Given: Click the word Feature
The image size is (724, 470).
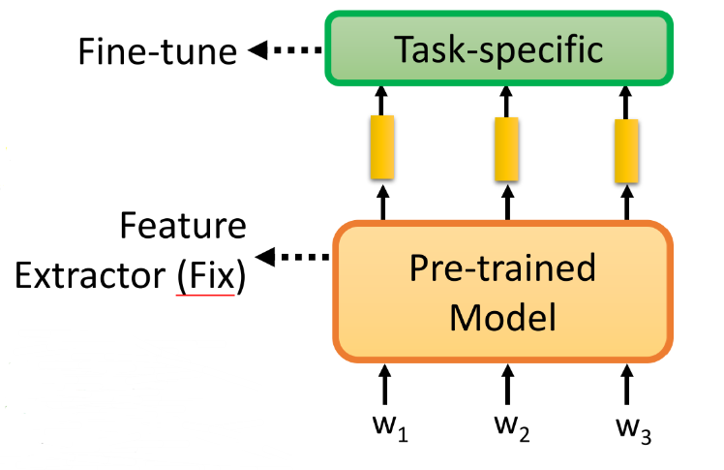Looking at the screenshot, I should coord(182,228).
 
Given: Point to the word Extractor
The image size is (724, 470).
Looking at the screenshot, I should coord(90,276).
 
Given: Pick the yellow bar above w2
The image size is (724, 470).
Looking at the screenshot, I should coord(505,147).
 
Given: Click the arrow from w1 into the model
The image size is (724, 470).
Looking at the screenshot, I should coord(384,384).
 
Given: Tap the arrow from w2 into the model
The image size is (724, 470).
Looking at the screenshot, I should coord(505,384).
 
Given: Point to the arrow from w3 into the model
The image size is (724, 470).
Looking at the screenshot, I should coord(626,384).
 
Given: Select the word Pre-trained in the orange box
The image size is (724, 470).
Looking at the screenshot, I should coord(502,268).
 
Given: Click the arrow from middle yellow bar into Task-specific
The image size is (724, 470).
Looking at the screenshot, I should coord(505,99).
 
